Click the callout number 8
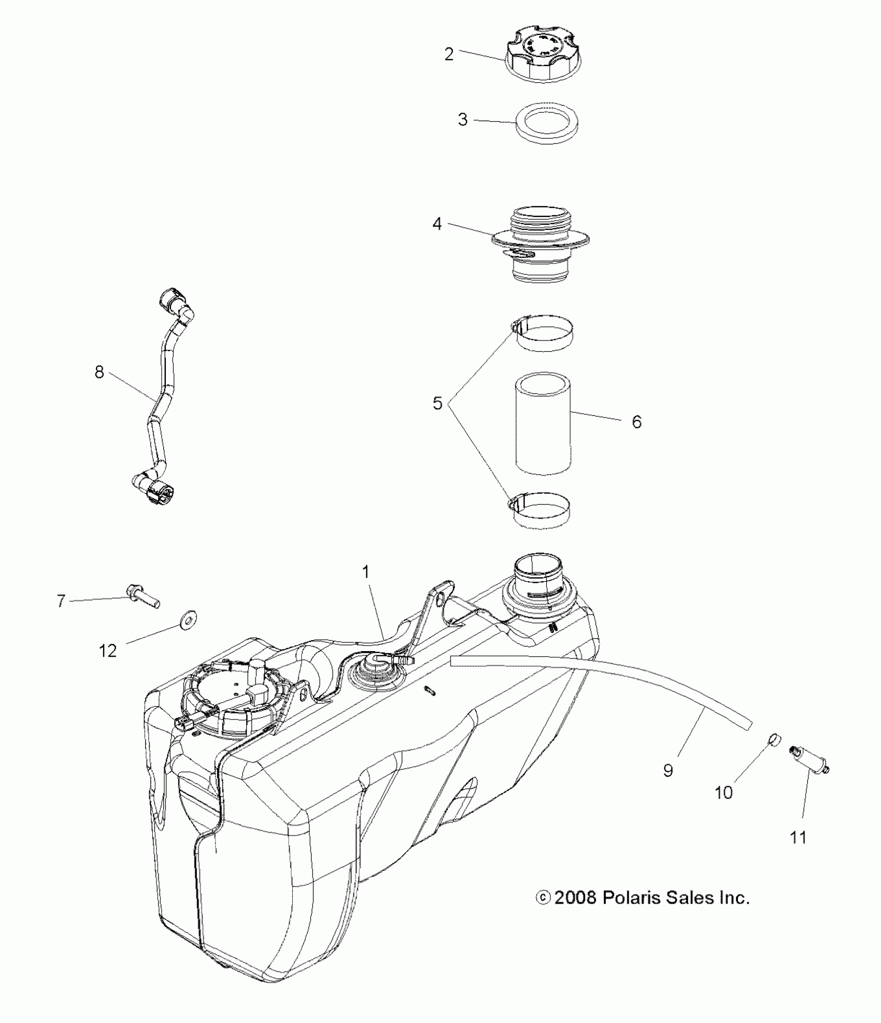pos(99,372)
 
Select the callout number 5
pos(438,404)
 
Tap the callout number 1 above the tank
pos(366,572)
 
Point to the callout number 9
pos(667,785)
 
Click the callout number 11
pos(798,837)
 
